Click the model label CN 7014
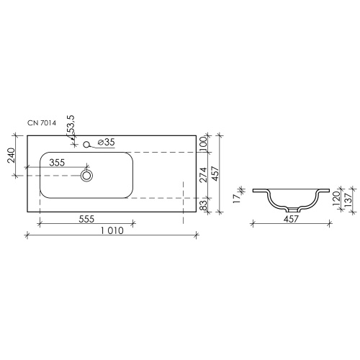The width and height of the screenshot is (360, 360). [42, 123]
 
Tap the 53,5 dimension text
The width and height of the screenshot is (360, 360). [71, 125]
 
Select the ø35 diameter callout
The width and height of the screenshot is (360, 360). [107, 143]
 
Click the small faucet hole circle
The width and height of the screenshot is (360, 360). [86, 145]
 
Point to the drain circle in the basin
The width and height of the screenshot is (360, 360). [86, 176]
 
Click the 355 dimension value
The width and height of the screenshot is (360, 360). [57, 163]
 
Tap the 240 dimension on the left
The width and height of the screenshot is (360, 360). [12, 156]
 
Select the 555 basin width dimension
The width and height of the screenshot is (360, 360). [86, 219]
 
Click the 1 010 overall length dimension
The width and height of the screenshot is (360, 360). [112, 230]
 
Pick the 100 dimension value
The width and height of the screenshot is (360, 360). [203, 143]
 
